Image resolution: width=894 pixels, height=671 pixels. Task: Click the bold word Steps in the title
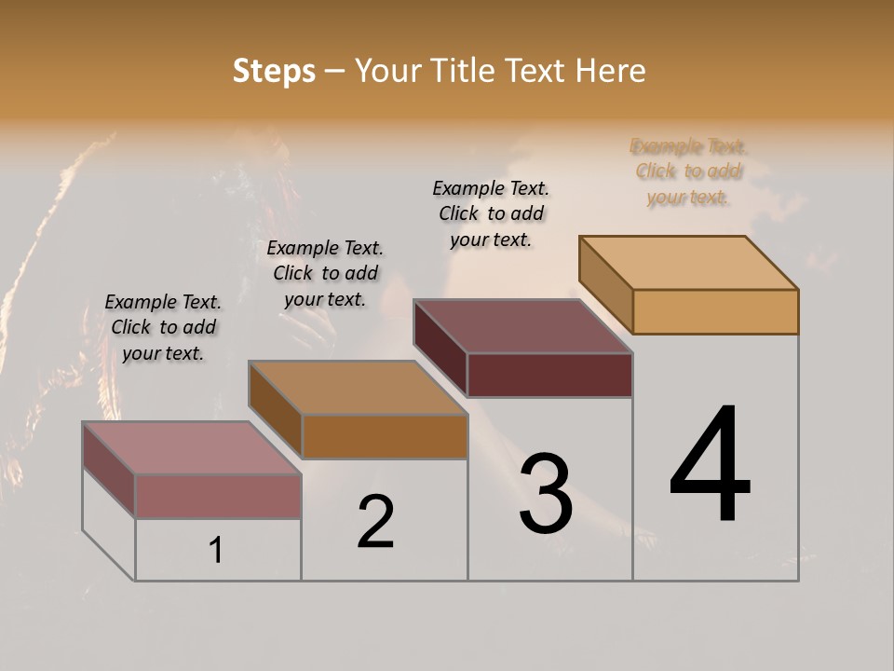(x=274, y=71)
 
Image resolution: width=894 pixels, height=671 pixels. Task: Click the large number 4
(x=710, y=466)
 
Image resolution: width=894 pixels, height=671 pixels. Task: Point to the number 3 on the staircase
(x=546, y=494)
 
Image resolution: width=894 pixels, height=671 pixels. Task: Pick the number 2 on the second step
(x=376, y=522)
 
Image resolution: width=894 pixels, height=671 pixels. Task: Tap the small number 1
(x=216, y=551)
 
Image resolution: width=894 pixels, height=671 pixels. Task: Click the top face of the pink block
(x=191, y=447)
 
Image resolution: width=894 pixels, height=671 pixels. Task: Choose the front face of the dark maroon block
(x=549, y=375)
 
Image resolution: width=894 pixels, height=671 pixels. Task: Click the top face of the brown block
(x=358, y=387)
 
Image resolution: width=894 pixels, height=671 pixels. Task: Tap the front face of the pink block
(x=218, y=496)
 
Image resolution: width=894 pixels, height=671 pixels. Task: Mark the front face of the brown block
(x=385, y=436)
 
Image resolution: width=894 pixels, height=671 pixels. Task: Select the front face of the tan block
(x=715, y=311)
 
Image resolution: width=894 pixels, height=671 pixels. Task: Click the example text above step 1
(x=163, y=327)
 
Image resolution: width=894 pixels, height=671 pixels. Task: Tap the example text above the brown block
(x=325, y=273)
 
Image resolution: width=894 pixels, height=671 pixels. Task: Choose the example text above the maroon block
(x=491, y=213)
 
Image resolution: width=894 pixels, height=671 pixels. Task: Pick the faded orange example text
(x=688, y=171)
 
